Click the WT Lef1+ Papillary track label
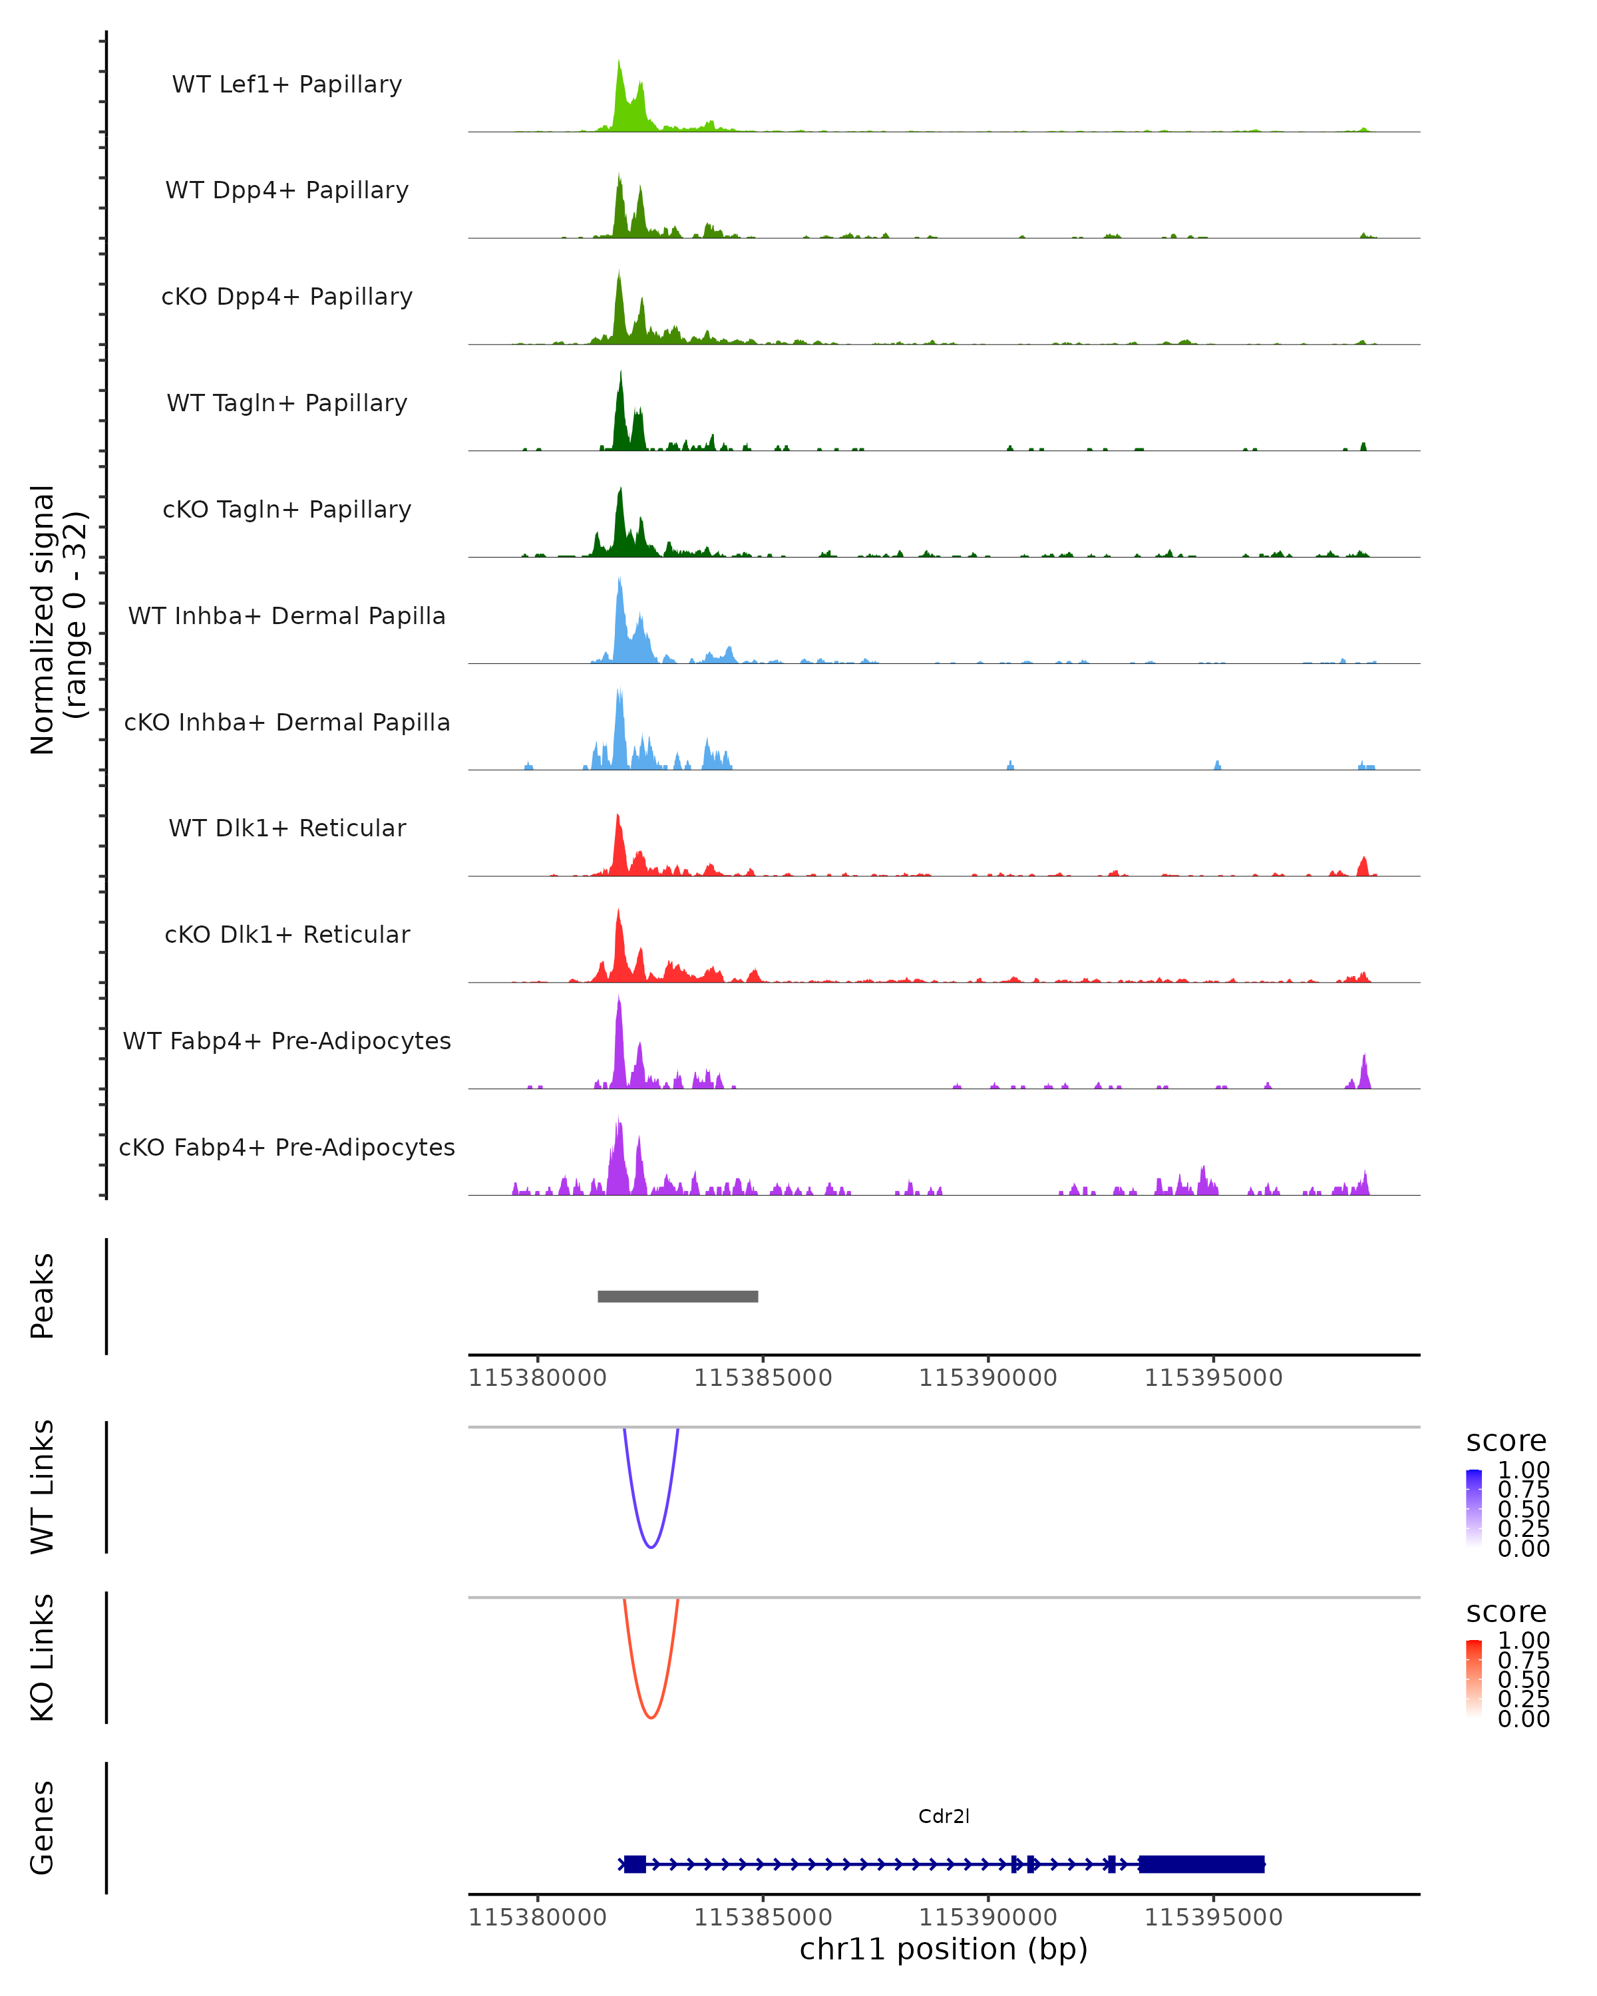click(287, 84)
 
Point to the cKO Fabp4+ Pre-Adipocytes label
click(287, 1147)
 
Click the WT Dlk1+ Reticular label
click(287, 828)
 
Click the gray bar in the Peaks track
click(677, 1296)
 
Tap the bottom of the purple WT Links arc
click(651, 1547)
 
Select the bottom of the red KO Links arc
click(651, 1717)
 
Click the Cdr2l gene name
click(944, 1816)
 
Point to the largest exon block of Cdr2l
click(1201, 1864)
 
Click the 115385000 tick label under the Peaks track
click(763, 1379)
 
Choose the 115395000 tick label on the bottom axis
click(1213, 1917)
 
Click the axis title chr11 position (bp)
click(944, 1949)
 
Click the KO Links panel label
click(43, 1657)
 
